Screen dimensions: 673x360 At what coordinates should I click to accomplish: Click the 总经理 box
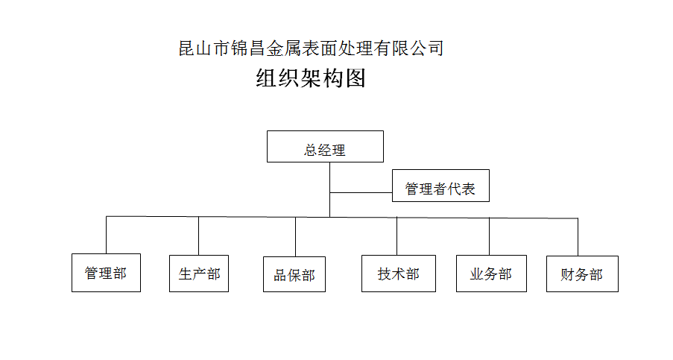point(325,146)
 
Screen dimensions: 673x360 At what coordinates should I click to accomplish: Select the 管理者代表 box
point(440,186)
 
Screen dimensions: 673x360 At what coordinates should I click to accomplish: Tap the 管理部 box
point(106,273)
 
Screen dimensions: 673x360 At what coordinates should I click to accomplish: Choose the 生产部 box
point(199,274)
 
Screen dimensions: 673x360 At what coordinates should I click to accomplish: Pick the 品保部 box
point(294,274)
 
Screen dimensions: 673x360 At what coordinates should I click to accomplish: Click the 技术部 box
point(398,274)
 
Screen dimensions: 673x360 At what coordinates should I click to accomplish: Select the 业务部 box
point(491,274)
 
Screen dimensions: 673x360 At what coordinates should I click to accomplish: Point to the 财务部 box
point(582,274)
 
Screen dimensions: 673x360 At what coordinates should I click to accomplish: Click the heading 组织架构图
point(311,78)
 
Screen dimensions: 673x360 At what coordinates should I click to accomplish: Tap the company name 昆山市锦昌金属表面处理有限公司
point(311,48)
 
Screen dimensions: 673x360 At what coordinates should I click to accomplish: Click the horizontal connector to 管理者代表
point(361,192)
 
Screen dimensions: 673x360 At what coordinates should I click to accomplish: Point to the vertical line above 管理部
point(106,235)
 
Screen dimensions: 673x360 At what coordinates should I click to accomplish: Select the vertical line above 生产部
point(198,236)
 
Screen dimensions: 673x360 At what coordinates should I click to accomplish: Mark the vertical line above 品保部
point(295,237)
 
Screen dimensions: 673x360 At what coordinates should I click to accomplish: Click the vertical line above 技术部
point(396,236)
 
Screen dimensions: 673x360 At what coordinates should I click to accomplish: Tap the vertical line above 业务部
point(490,236)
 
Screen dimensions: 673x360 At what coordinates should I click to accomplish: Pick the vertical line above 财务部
point(578,237)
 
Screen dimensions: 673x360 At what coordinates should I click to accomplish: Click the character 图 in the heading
point(356,78)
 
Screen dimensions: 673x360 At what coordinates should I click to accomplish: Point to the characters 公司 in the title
point(426,48)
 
